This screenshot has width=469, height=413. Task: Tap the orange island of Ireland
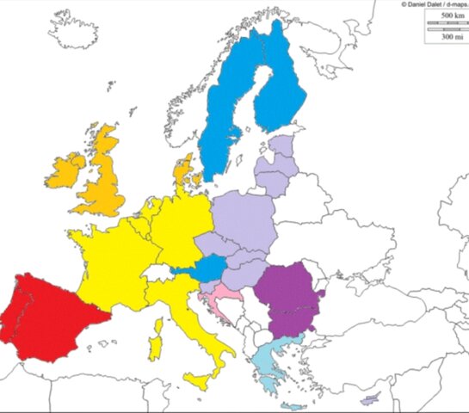click(x=67, y=171)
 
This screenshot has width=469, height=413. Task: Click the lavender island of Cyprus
click(x=371, y=399)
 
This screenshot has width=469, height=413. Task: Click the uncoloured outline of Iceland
click(x=83, y=30)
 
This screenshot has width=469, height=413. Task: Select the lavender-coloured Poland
click(x=244, y=219)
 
